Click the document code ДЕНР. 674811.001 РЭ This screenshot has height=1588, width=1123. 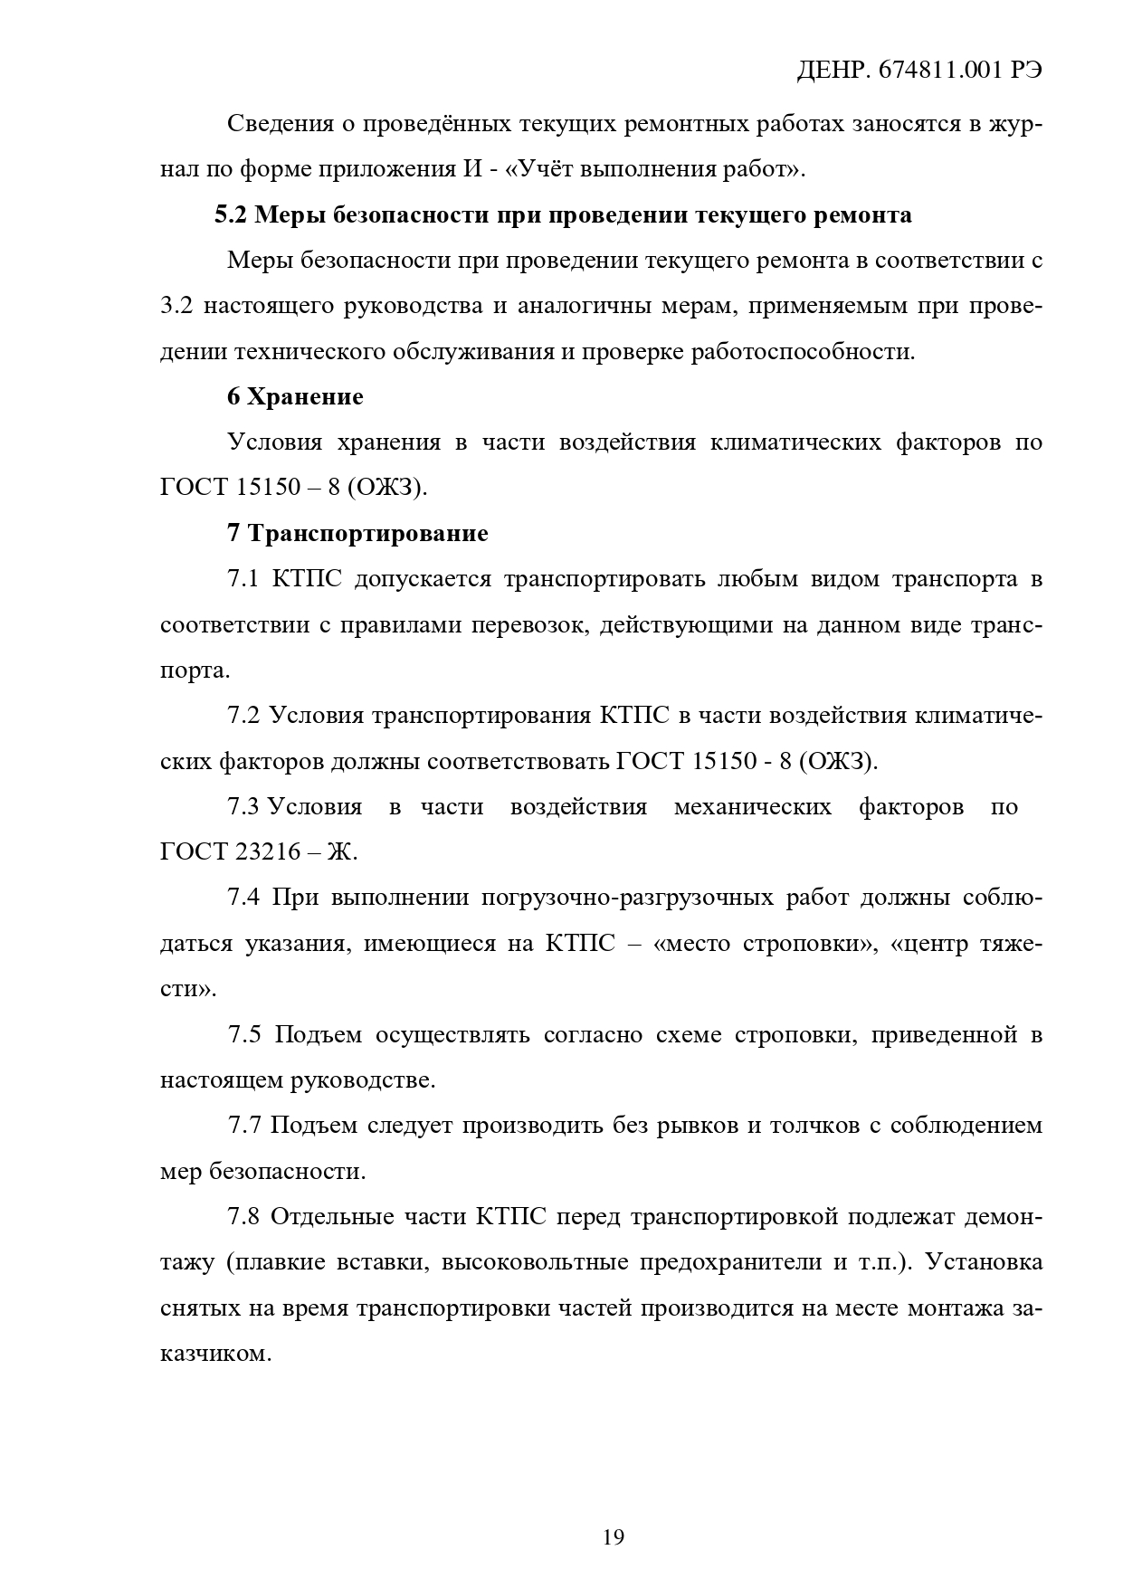919,73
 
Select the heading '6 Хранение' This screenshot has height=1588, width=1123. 295,397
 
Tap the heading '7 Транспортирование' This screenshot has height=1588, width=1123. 357,534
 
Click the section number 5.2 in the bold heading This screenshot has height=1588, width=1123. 231,216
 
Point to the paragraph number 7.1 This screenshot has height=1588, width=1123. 243,580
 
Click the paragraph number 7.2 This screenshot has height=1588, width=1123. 243,717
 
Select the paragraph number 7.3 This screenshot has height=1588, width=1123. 243,807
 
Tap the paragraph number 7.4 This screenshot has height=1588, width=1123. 243,899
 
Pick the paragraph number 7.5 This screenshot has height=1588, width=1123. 243,1035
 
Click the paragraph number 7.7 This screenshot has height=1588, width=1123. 243,1127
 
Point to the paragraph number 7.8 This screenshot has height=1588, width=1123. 243,1218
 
